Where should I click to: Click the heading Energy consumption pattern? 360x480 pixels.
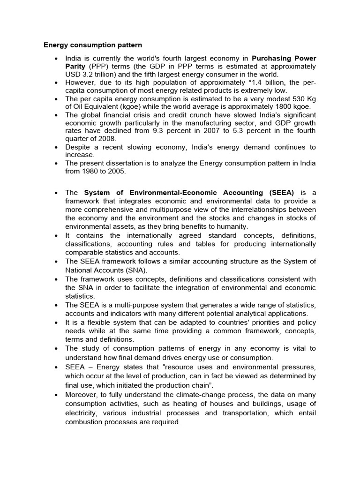93,45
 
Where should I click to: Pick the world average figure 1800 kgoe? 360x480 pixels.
284,106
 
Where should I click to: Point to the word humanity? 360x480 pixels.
231,226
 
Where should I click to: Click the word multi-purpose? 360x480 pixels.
135,305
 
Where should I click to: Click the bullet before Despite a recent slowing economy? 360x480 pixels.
56,147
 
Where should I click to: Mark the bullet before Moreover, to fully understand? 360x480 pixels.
56,396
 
